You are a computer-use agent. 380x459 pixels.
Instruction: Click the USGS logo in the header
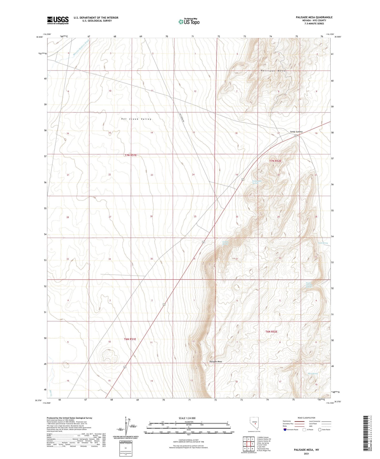(58, 20)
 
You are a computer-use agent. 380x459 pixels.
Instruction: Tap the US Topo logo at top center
(189, 21)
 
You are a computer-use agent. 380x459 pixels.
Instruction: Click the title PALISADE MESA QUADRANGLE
(314, 17)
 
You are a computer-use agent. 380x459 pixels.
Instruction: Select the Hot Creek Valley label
(136, 119)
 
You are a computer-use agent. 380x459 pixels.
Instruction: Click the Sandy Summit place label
(296, 132)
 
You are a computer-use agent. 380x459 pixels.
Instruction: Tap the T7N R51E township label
(130, 155)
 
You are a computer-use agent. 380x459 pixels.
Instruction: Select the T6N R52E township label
(271, 332)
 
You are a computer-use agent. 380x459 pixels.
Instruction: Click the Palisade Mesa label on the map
(216, 362)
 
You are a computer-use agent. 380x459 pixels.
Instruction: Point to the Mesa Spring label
(313, 374)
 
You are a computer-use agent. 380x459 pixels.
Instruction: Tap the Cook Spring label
(323, 243)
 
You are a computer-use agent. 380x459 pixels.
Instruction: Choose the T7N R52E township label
(275, 161)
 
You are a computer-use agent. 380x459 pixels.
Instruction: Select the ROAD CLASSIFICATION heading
(306, 418)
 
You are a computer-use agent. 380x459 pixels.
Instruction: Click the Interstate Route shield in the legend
(285, 430)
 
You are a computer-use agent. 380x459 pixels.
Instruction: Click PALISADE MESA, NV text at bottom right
(306, 450)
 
